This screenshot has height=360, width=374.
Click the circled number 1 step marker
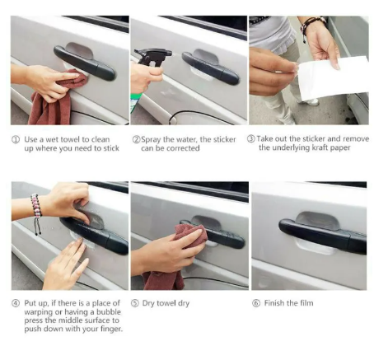tap(16, 139)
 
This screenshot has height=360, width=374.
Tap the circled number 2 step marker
tap(136, 139)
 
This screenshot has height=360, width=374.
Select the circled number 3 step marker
tap(251, 138)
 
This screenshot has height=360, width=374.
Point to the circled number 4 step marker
tap(16, 303)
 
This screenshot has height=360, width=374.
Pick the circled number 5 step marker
tap(134, 303)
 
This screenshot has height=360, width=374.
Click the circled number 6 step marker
tap(256, 303)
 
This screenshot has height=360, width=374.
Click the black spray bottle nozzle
tap(152, 56)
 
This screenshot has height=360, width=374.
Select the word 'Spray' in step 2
tap(151, 140)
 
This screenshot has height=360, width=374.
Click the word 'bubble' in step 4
tap(109, 312)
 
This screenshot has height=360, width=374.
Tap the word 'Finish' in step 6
tap(274, 303)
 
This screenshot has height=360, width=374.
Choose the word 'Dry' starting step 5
tap(148, 303)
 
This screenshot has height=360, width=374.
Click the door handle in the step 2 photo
tap(210, 68)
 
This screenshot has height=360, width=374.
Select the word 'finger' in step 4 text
tap(110, 329)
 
